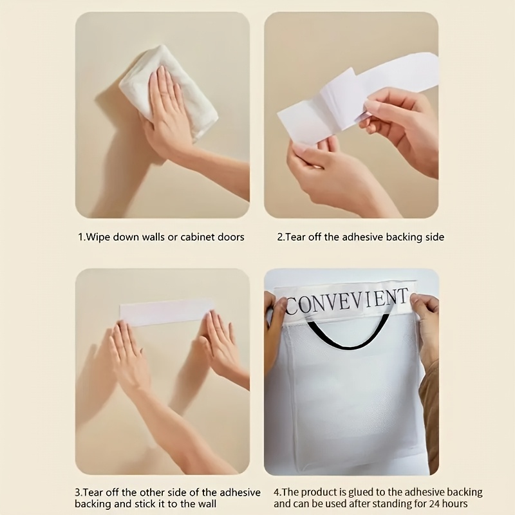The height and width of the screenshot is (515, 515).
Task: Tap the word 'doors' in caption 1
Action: pos(231,237)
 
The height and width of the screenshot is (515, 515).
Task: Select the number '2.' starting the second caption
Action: pos(281,237)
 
